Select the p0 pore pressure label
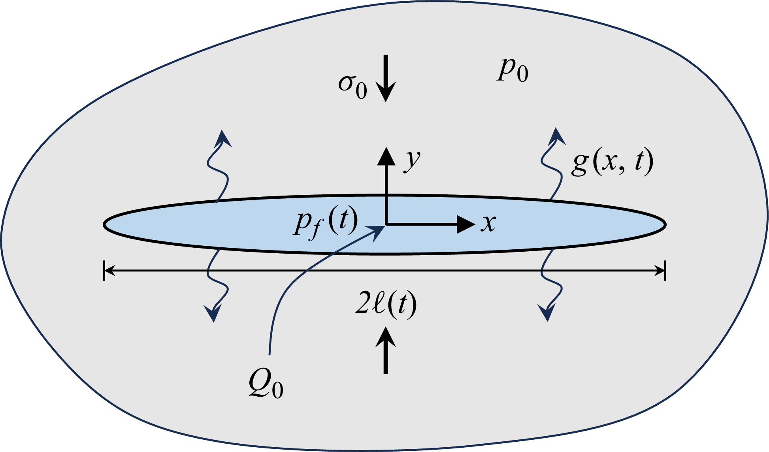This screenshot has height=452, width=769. pos(513,71)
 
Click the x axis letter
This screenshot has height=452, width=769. pos(488,223)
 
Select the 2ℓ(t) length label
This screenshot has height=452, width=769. pos(386,305)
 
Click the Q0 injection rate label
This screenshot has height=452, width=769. pos(266,386)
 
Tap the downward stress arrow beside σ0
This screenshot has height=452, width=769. pos(386,79)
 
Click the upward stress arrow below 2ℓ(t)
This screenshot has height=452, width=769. pos(386,351)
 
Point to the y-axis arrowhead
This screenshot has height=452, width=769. pos(386,156)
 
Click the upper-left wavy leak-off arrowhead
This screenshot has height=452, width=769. pos(224,138)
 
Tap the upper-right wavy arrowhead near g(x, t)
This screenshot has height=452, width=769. pos(557,136)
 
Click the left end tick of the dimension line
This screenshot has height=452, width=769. pos(104,271)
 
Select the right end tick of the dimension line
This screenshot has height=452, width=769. pos(665,271)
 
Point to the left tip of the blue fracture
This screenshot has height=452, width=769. pos(104,224)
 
